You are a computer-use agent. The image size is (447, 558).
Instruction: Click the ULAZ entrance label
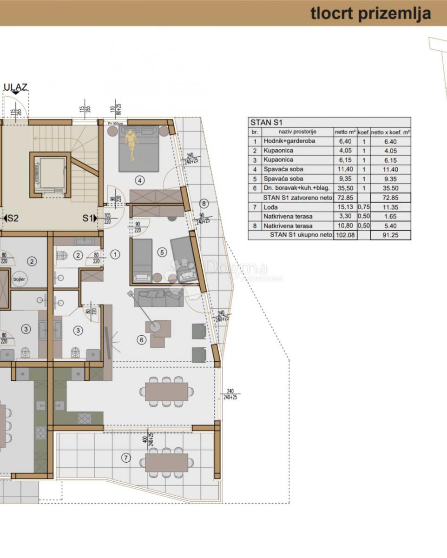point(15,87)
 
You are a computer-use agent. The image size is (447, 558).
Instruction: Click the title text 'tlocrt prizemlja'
point(370,13)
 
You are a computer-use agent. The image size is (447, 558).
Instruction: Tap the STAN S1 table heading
point(266,123)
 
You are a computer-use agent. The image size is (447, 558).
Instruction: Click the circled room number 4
point(139,180)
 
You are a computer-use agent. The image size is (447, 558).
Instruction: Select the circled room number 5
point(162,252)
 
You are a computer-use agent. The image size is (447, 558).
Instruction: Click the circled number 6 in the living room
point(141,340)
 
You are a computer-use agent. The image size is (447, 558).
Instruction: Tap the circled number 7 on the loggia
point(125,458)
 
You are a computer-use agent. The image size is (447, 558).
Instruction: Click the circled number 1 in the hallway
point(116,254)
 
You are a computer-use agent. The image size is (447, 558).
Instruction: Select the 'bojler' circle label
point(20,279)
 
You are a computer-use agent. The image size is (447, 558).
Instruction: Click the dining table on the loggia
point(166,462)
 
